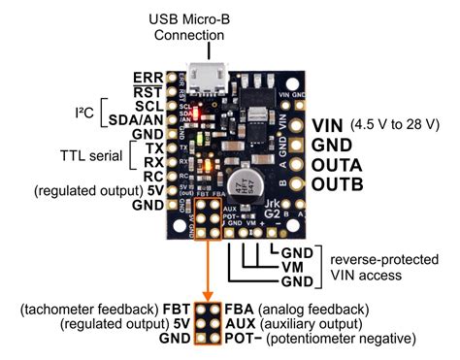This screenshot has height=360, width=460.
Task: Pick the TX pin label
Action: (152, 147)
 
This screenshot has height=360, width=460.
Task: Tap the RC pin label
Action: (151, 177)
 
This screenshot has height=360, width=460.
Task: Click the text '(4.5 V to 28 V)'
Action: (392, 124)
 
